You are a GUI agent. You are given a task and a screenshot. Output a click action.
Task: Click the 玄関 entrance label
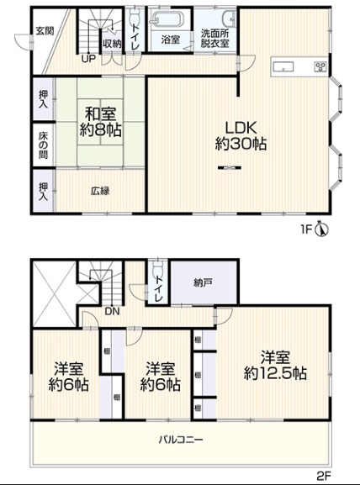coord(45,31)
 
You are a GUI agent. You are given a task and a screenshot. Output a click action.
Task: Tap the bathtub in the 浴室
coord(167,19)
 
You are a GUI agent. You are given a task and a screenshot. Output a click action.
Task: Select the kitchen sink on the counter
coord(283,66)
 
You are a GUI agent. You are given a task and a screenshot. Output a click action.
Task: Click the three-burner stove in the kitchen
coord(320,66)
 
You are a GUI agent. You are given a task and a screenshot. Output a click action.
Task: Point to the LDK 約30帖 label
coord(241,135)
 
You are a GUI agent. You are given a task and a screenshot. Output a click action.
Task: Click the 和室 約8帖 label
coord(100,122)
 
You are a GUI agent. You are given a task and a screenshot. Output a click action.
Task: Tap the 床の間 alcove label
coord(44,145)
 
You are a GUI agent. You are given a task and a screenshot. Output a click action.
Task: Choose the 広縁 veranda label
coord(100,191)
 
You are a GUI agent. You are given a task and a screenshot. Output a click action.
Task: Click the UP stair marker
coord(88,59)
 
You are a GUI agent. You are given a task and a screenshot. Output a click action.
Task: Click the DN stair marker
coord(112,311)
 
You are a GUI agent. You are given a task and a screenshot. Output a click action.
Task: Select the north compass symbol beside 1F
coord(322,229)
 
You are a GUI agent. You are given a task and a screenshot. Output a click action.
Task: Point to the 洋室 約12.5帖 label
coord(275,365)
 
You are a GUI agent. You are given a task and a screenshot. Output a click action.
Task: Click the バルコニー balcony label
coord(181,440)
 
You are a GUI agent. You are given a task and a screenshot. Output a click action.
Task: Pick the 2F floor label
coord(324,475)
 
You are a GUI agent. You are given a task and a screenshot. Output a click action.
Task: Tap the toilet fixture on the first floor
coord(135,14)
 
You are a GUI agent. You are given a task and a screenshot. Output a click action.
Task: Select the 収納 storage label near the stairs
coord(112,44)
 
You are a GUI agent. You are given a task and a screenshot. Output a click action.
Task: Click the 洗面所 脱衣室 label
coord(214,38)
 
